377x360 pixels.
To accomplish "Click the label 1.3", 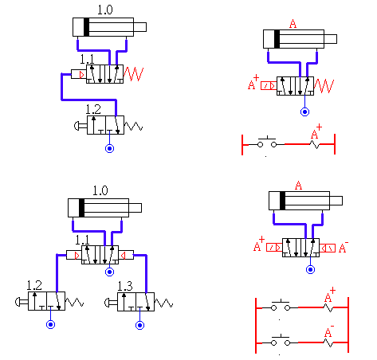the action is click(125, 286).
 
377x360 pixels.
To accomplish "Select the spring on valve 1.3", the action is click(163, 303).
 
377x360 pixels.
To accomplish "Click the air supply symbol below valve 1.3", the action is click(140, 325).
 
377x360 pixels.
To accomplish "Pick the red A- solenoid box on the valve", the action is click(327, 248).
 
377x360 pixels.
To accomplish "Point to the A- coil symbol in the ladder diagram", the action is click(328, 343).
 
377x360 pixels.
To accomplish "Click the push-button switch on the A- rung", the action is click(281, 341).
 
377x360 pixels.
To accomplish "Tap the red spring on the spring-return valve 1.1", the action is click(133, 74).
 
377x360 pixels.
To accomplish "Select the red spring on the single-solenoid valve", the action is click(324, 86).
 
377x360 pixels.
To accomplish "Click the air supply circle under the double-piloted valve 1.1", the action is click(109, 272).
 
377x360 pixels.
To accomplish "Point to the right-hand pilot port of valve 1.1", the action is click(126, 255).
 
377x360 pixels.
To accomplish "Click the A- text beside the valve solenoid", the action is click(344, 248).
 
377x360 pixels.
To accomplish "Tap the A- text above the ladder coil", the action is click(329, 331).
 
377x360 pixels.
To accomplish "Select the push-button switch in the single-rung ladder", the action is click(267, 143).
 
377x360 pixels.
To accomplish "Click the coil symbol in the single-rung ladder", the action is click(315, 145).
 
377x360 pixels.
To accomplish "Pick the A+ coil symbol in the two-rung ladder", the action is click(328, 308).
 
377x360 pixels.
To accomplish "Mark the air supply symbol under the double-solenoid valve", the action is click(310, 269).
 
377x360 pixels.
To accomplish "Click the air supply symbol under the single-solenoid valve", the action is click(304, 112).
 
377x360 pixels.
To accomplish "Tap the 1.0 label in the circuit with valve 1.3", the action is click(100, 190).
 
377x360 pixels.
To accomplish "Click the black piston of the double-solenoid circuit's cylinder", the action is click(282, 201).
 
